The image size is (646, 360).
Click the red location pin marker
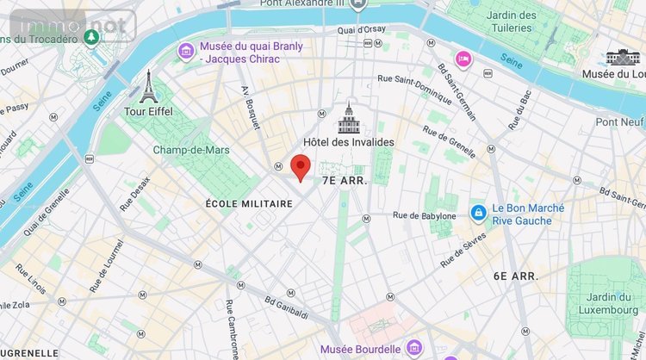pyautogui.click(x=300, y=166)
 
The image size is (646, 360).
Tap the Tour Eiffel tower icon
pyautogui.click(x=148, y=86)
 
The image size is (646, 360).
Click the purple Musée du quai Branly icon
pyautogui.click(x=185, y=52)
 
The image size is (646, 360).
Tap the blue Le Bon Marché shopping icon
pyautogui.click(x=478, y=213)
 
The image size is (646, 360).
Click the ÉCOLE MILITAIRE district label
pyautogui.click(x=249, y=204)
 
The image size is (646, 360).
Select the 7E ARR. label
pyautogui.click(x=345, y=181)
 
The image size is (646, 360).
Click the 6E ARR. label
pyautogui.click(x=516, y=276)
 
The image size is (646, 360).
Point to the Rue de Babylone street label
pyautogui.click(x=425, y=214)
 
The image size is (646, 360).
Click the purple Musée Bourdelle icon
pyautogui.click(x=412, y=350)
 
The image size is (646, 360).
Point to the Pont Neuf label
pyautogui.click(x=620, y=121)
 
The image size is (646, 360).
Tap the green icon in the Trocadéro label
pyautogui.click(x=91, y=37)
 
